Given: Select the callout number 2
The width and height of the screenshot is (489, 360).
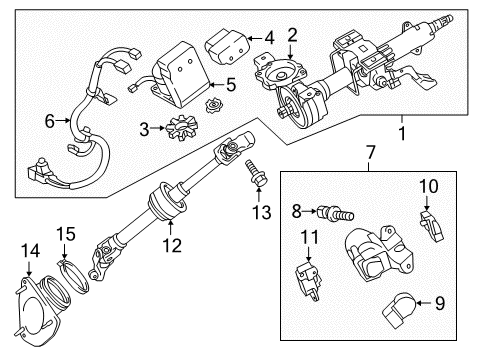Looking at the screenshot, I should [291, 37].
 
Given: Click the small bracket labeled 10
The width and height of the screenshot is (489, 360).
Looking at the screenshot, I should [429, 229].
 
